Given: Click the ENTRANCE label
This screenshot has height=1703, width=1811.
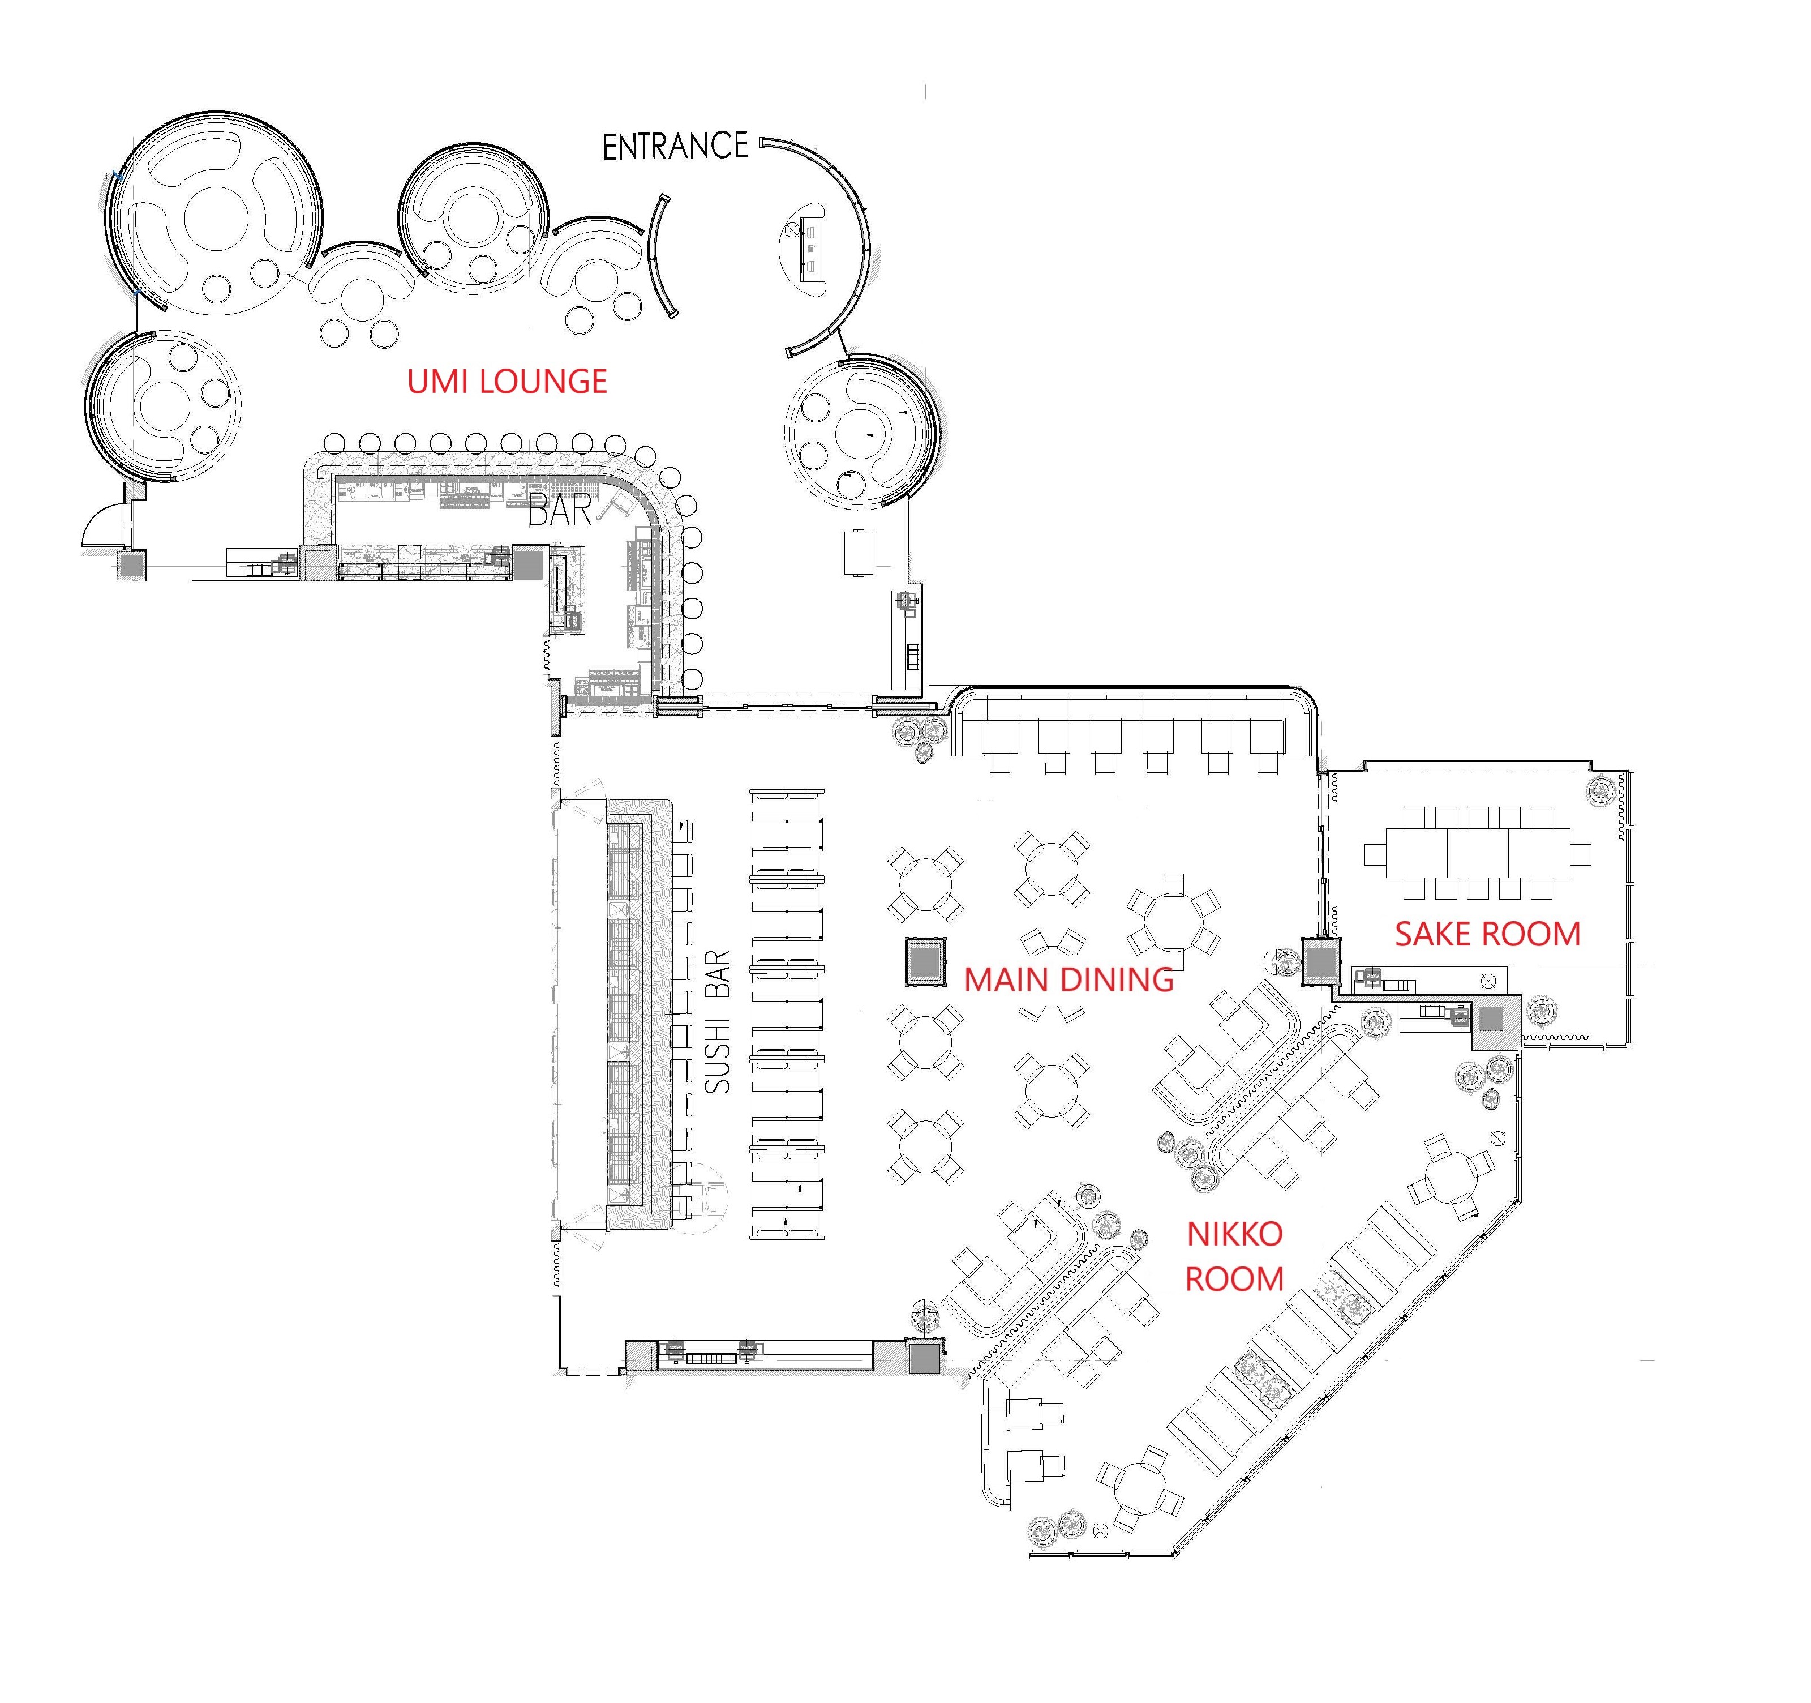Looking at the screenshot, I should click(x=675, y=147).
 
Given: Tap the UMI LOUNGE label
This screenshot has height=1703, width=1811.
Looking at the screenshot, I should click(x=507, y=381).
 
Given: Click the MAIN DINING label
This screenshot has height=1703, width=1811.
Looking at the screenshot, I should click(x=1068, y=979).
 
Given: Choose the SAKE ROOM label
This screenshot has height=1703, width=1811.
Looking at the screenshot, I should click(x=1488, y=934).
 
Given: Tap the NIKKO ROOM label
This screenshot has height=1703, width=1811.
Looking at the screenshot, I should click(x=1234, y=1256).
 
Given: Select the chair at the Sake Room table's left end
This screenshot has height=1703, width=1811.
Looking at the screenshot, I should click(x=1375, y=854).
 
